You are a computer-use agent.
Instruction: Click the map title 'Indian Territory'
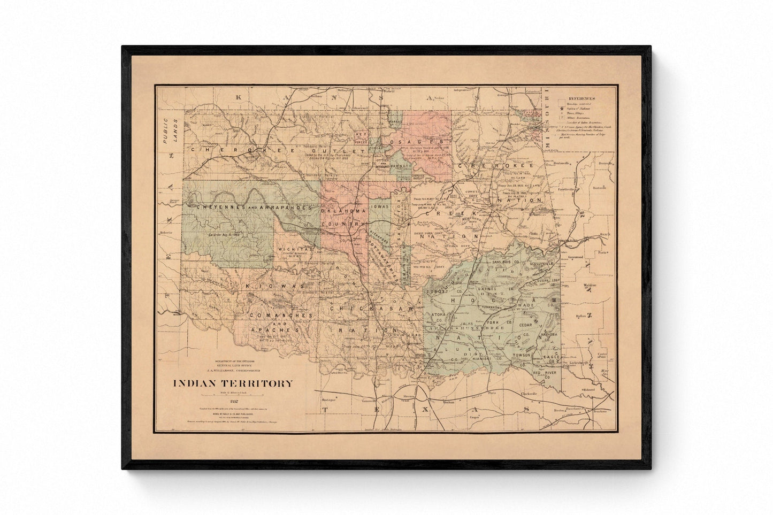click(x=232, y=383)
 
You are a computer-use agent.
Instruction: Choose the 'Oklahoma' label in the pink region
click(x=344, y=211)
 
